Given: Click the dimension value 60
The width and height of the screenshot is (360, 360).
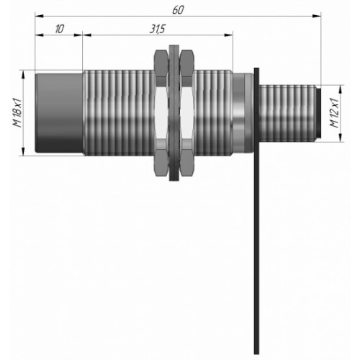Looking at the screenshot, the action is click(x=178, y=9).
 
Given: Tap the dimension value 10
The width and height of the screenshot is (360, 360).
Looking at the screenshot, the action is click(x=59, y=29).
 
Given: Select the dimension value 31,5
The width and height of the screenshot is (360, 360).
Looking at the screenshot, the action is click(x=158, y=30).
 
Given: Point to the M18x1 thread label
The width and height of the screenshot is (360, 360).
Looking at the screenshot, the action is click(x=17, y=113).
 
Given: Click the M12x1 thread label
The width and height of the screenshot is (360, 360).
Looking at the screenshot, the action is click(x=334, y=113).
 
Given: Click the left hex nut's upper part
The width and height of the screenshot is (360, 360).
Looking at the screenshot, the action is click(x=161, y=64).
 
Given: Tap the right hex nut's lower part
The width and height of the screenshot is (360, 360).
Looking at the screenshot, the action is click(x=187, y=161).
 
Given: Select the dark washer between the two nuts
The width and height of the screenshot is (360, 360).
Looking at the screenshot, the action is click(x=174, y=113).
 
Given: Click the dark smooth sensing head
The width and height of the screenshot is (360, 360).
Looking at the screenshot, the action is click(x=59, y=113).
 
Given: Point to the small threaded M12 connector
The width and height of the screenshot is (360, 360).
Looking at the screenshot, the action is click(x=287, y=113).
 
